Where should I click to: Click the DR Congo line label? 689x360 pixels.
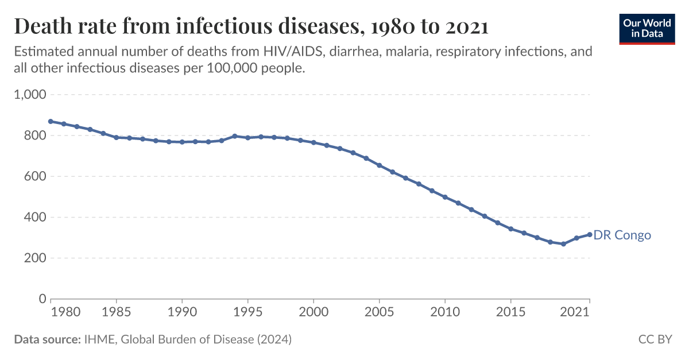(x=622, y=235)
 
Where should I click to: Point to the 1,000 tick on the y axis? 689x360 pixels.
(x=29, y=95)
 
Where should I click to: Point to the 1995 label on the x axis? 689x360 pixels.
(x=247, y=313)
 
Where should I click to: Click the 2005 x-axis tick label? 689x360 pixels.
(x=379, y=313)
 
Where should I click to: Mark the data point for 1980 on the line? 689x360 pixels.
(x=51, y=121)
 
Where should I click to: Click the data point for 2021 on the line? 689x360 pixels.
(x=589, y=234)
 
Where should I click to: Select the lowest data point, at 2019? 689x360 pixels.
(x=563, y=244)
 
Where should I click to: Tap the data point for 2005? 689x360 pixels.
(x=379, y=165)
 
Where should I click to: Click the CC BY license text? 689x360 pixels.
(x=655, y=340)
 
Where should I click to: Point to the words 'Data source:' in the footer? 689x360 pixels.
(x=47, y=340)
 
